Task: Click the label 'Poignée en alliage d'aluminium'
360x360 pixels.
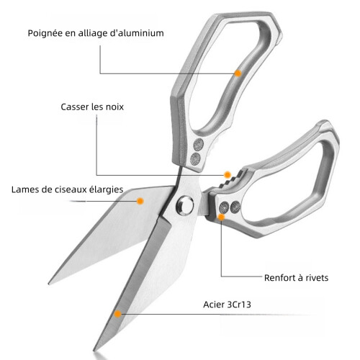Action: tap(96, 33)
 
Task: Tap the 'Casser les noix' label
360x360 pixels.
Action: tap(92, 107)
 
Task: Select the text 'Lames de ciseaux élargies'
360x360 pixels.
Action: tap(68, 189)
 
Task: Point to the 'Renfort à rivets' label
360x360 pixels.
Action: tap(296, 278)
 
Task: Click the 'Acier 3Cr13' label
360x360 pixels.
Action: tap(227, 305)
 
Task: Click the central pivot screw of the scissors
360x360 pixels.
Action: tap(185, 204)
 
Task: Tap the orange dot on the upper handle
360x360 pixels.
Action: tap(238, 73)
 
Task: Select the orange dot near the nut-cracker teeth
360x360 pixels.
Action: tap(228, 175)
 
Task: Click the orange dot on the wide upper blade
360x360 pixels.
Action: tap(140, 201)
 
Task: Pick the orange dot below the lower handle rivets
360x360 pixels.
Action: tap(221, 217)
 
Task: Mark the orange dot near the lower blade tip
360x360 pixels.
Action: tap(118, 314)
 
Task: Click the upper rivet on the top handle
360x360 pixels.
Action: tap(199, 145)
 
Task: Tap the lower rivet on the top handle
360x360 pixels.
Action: tap(195, 158)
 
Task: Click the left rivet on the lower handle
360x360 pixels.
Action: tap(225, 207)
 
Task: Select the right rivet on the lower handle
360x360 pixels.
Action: tap(235, 207)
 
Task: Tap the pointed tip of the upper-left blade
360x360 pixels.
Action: tap(50, 283)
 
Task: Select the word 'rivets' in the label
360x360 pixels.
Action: tap(317, 278)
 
